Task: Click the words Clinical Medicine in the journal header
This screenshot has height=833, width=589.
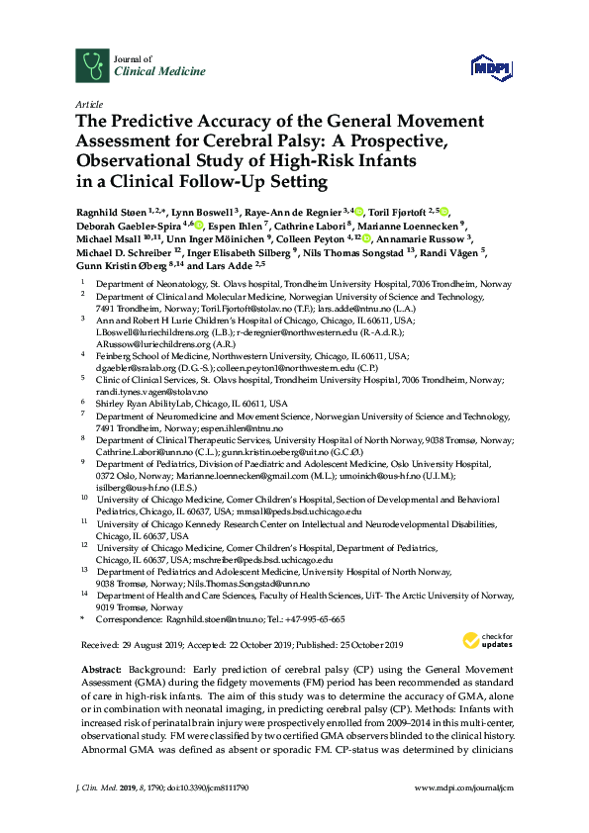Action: click(x=161, y=72)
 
